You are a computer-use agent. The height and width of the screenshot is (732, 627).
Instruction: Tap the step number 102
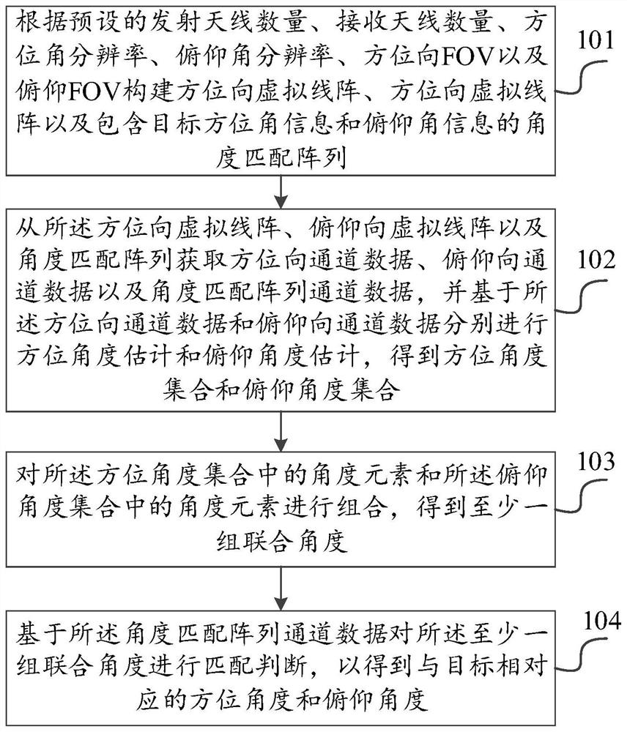[597, 260]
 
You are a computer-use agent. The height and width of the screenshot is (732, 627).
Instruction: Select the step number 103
[596, 461]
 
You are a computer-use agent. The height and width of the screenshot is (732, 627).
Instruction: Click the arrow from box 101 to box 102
[281, 192]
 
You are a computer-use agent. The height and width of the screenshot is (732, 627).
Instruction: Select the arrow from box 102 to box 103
[281, 431]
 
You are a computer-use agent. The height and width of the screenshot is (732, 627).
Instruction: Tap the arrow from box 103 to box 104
[281, 589]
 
